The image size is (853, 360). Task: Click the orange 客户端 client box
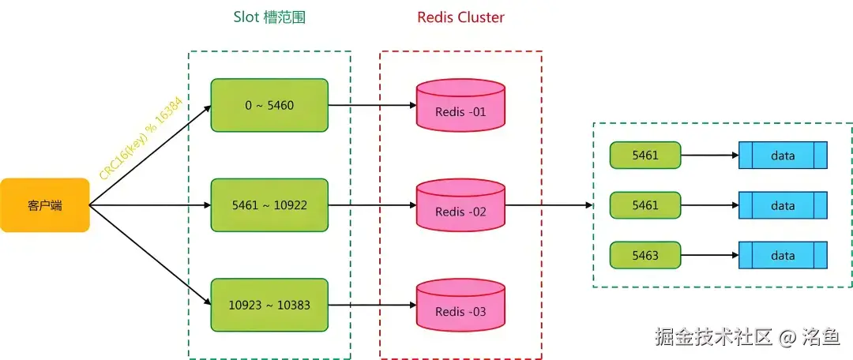point(44,205)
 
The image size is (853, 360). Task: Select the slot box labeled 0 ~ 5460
point(269,105)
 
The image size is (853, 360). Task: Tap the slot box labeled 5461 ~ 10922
point(269,205)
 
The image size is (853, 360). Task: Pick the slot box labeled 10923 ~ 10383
point(269,305)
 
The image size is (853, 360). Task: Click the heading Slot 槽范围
point(269,17)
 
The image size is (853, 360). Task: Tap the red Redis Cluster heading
point(460,17)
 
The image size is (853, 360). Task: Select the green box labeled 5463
point(645,256)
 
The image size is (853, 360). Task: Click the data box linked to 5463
point(783,256)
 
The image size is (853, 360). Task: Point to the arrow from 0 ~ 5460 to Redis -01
point(371,105)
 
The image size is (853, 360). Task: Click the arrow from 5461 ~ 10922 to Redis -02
point(371,205)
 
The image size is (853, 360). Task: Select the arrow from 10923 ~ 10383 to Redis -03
point(371,305)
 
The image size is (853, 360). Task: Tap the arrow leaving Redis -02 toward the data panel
point(549,205)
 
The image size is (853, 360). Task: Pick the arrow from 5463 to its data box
point(709,256)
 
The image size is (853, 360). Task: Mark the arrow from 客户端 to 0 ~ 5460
point(150,156)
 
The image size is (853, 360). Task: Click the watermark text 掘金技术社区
point(712,337)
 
